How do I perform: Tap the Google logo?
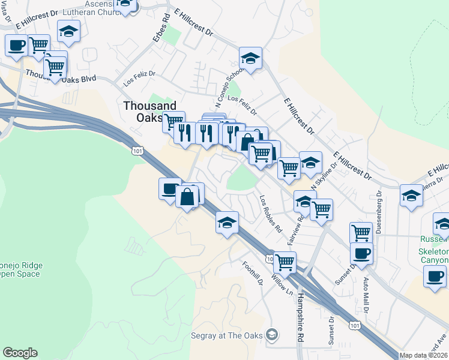click(x=20, y=353)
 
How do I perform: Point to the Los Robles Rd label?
click(x=270, y=213)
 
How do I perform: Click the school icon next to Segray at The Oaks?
click(x=273, y=334)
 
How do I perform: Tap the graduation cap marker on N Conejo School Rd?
click(x=250, y=58)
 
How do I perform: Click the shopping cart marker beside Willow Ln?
click(x=284, y=261)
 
